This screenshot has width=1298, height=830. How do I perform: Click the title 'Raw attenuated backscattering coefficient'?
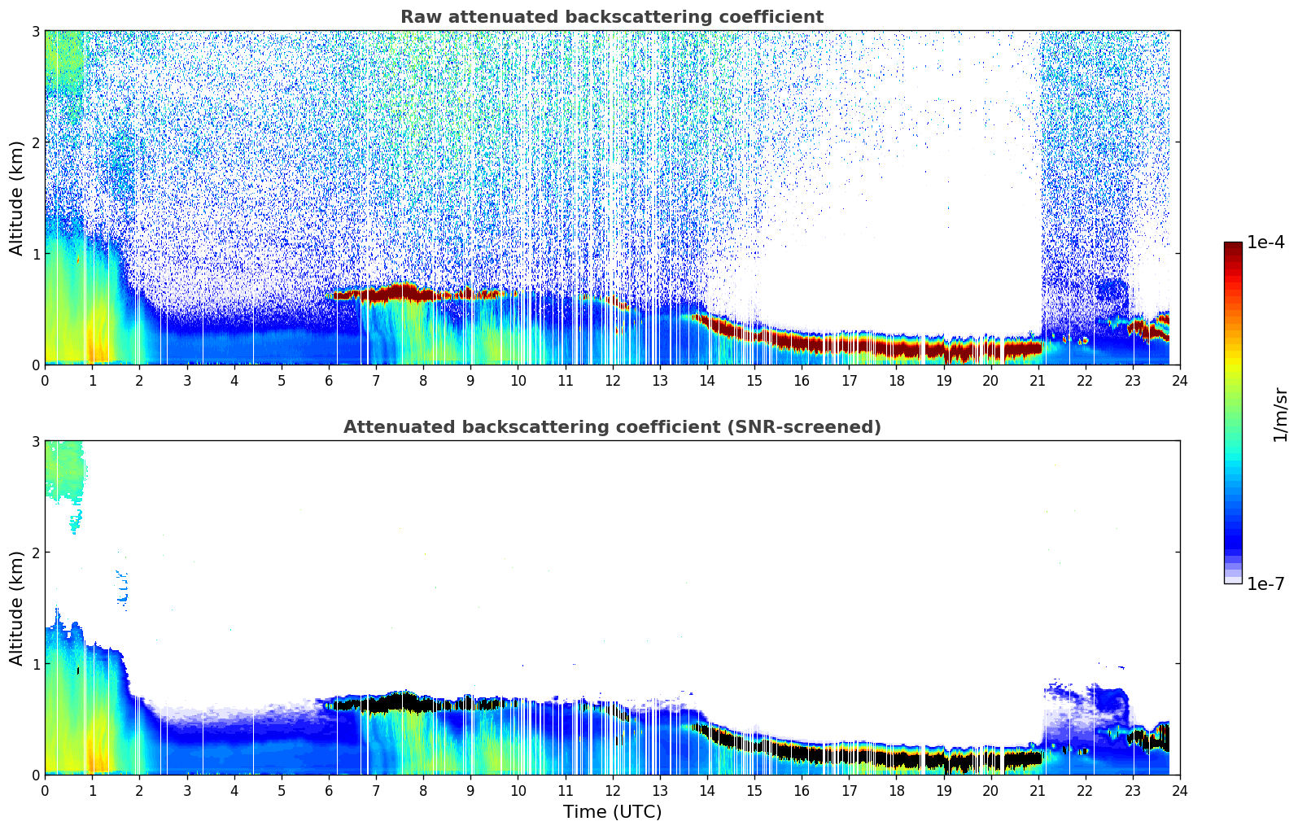(x=611, y=17)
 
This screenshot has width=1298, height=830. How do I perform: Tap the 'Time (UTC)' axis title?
(x=612, y=811)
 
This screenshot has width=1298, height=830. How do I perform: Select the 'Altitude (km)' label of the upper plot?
(x=16, y=198)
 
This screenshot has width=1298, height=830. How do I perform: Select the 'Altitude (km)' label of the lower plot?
(x=16, y=608)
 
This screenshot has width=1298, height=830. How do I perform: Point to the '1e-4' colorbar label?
(x=1265, y=242)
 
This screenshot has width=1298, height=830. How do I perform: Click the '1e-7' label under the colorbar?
(x=1265, y=583)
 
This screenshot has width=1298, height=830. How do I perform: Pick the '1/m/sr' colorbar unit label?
(x=1279, y=414)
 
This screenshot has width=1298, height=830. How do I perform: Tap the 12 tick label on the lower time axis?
(x=612, y=791)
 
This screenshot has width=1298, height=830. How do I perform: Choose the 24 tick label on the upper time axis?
(x=1179, y=381)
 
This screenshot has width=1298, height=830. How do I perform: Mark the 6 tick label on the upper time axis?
(x=329, y=381)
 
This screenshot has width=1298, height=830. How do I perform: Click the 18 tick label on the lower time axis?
(x=896, y=791)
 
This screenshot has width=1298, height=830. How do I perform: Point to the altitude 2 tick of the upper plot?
(x=35, y=142)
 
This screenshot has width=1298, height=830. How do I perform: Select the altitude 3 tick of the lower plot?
(x=35, y=441)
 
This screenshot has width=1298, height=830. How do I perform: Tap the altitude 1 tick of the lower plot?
(x=35, y=664)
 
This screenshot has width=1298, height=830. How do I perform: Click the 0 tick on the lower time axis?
(x=45, y=791)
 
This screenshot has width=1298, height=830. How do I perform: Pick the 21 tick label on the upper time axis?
(x=1038, y=381)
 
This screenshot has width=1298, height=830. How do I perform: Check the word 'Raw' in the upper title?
(x=417, y=17)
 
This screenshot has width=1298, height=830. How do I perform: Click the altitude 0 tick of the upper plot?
(x=35, y=365)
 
